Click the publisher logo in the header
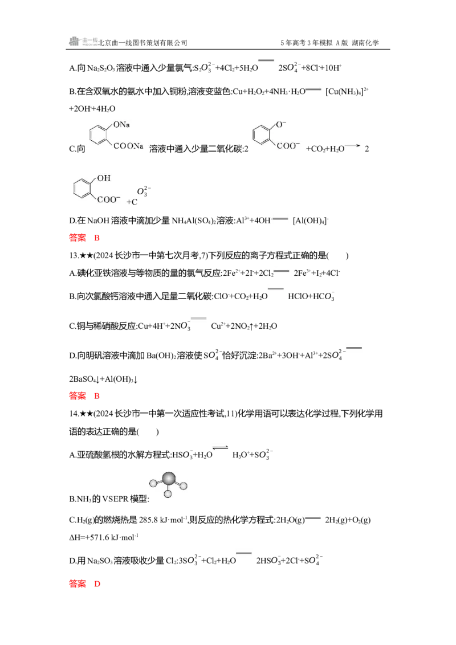click(84, 41)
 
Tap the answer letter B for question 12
click(97, 238)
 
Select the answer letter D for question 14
click(97, 583)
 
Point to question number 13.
click(74, 255)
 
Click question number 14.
click(74, 414)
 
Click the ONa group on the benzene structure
click(121, 125)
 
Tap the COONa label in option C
click(128, 146)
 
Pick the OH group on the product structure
click(104, 178)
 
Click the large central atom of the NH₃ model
click(169, 479)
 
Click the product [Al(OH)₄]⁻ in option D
click(311, 221)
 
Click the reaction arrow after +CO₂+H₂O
click(353, 146)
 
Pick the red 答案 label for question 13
click(78, 396)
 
